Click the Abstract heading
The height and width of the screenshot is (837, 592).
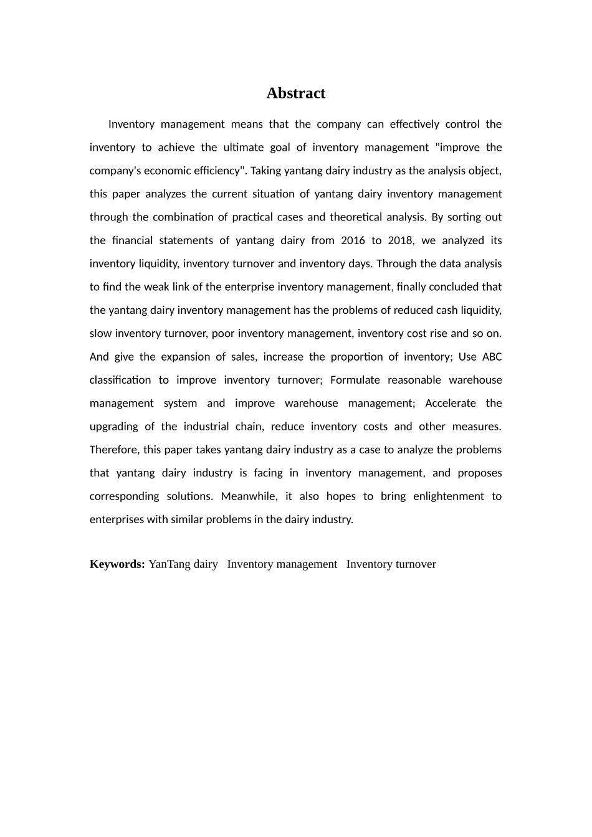click(295, 93)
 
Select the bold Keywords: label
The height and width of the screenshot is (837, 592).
click(117, 564)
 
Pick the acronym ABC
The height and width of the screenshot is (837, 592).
click(492, 357)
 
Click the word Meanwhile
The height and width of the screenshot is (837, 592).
click(249, 496)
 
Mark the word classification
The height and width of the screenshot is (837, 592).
click(120, 380)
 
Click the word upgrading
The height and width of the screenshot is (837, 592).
click(114, 427)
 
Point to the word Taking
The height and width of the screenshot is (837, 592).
click(265, 171)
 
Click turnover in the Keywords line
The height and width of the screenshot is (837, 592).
click(416, 564)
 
